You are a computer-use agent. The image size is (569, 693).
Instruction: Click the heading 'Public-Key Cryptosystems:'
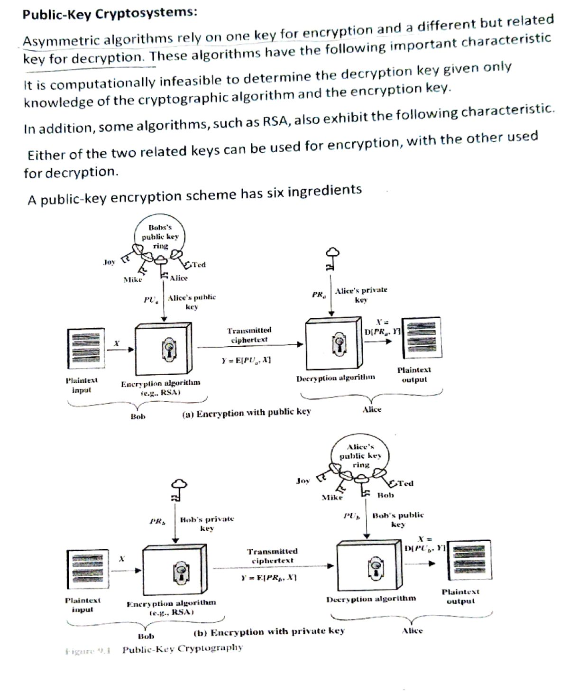point(110,13)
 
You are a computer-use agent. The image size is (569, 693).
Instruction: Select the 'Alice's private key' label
point(361,295)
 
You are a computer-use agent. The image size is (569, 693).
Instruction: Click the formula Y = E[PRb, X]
point(269,578)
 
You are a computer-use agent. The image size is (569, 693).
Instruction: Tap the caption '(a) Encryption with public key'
point(247,413)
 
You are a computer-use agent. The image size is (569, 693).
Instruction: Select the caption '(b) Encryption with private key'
point(269,632)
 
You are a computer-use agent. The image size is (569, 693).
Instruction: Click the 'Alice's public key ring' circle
point(360,455)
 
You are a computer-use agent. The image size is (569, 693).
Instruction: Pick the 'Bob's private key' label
point(207,523)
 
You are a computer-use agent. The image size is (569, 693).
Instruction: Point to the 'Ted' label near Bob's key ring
point(199,265)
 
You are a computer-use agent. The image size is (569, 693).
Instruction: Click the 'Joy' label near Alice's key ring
point(303,480)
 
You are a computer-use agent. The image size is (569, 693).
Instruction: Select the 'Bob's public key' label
point(398,519)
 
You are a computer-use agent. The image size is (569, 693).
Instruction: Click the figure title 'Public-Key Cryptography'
point(183,648)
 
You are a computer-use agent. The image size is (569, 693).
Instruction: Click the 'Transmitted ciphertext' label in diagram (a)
point(249,334)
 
